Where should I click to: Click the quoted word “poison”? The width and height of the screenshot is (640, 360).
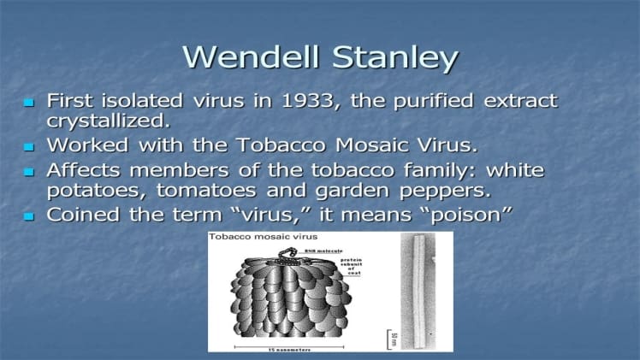pyautogui.click(x=459, y=215)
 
